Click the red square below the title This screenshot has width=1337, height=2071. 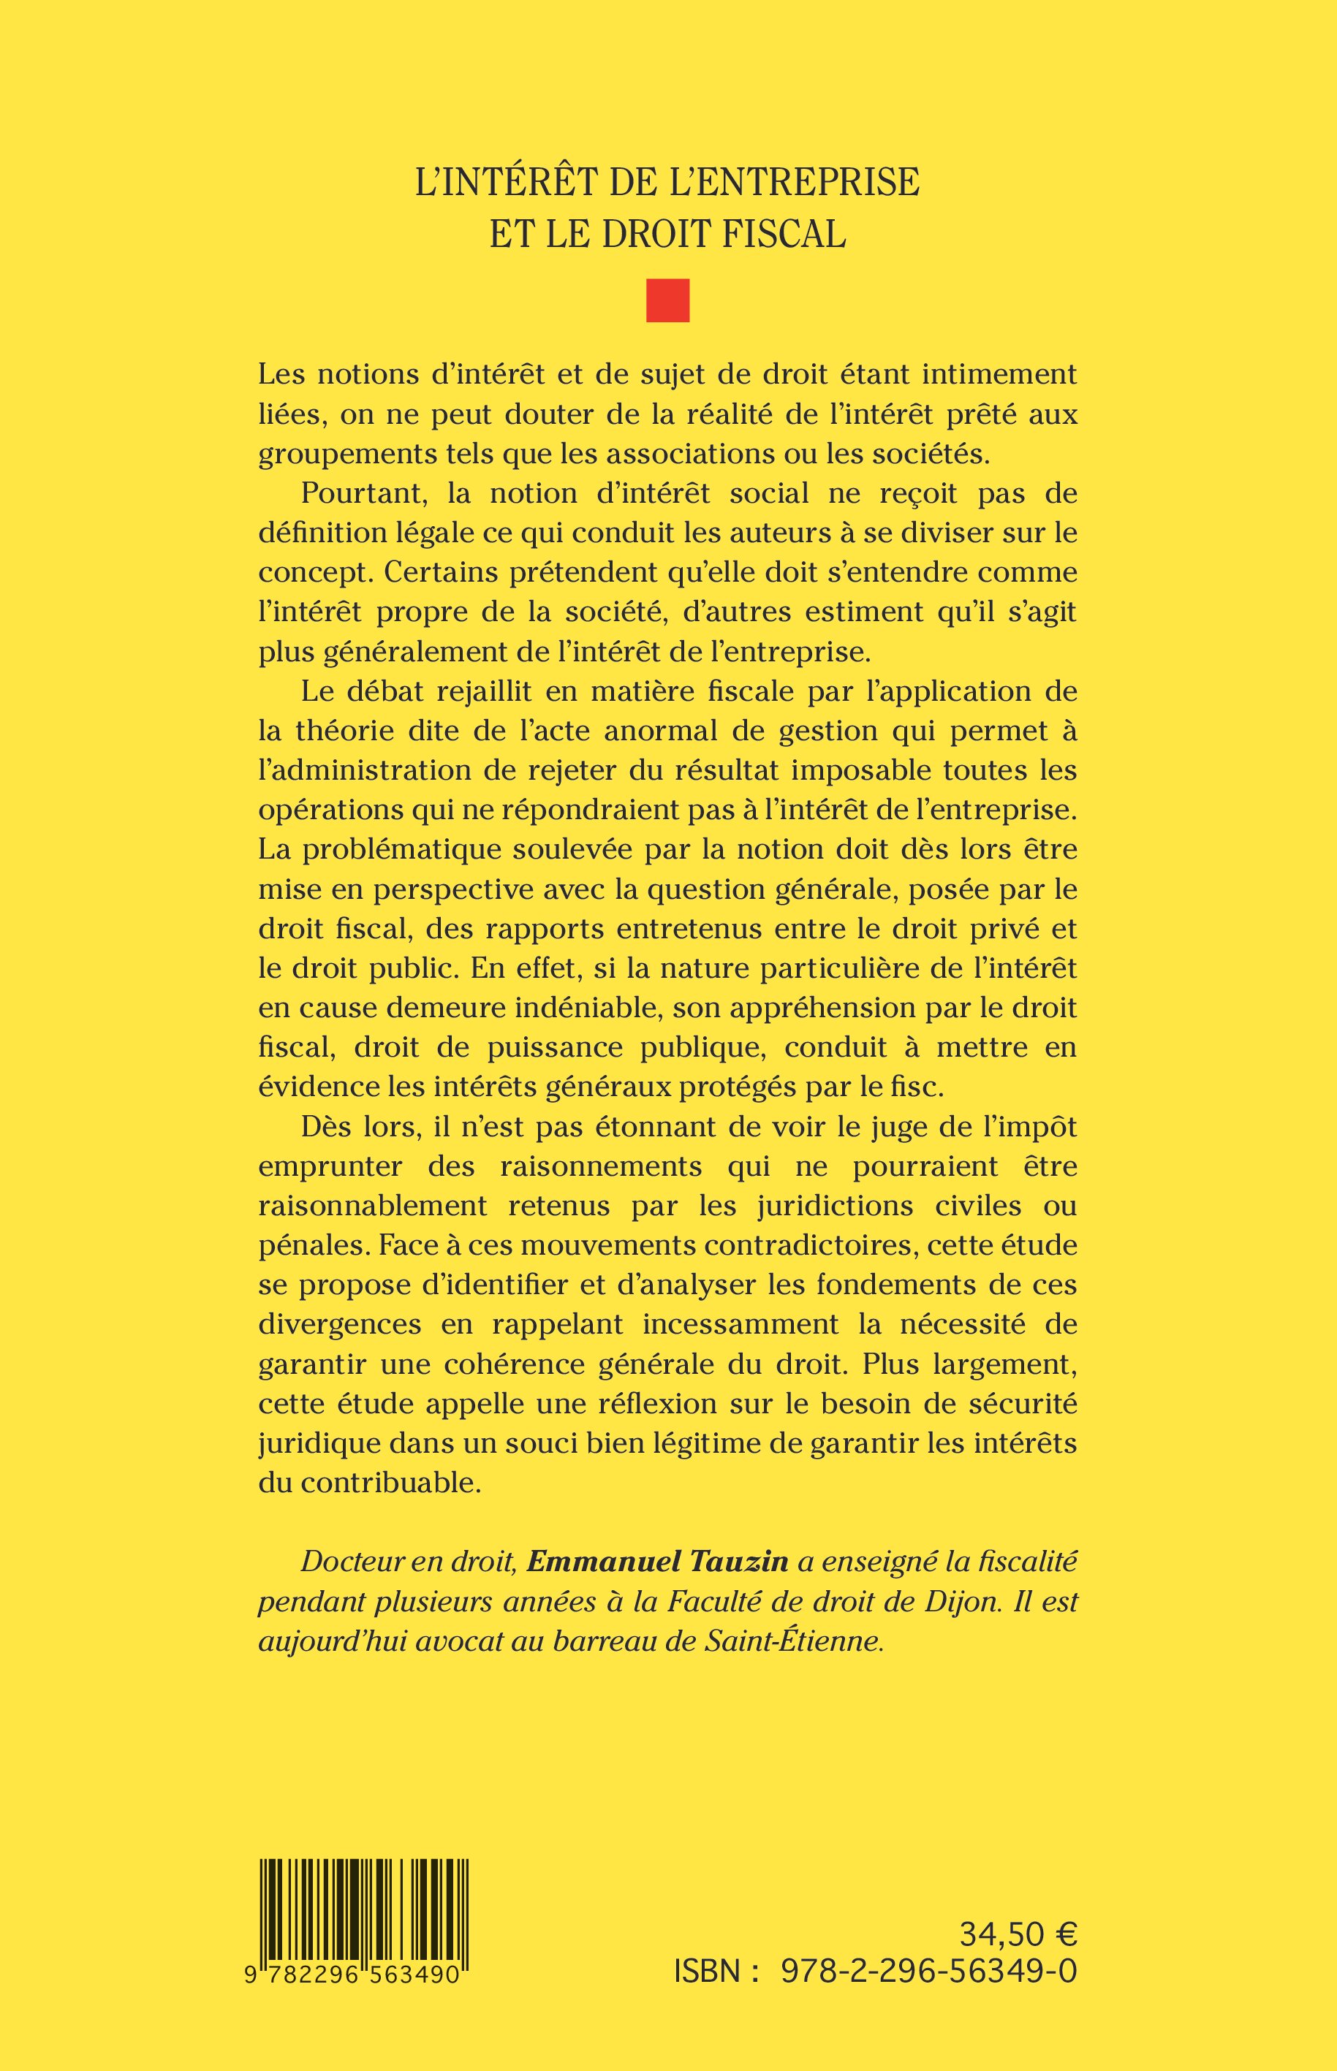[x=667, y=300]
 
